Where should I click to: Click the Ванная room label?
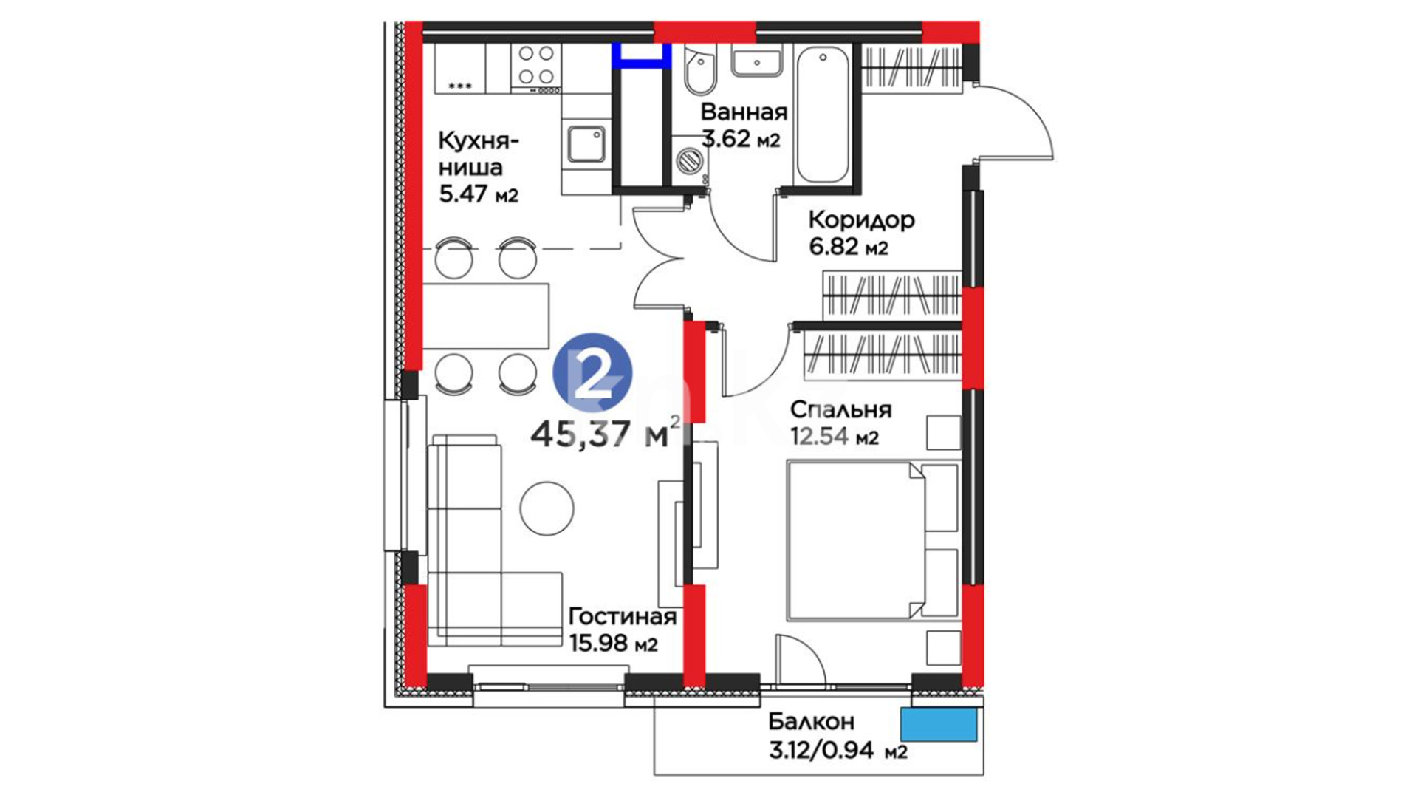744,112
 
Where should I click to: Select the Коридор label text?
861,220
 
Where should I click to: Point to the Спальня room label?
840,409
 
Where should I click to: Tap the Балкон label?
812,721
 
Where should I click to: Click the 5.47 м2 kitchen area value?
479,194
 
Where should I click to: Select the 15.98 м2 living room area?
614,644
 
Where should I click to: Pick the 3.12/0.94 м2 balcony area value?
838,751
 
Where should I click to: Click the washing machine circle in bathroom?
691,160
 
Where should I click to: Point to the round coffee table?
547,508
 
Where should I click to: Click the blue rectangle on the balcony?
939,724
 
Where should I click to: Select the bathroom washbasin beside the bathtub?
757,60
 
